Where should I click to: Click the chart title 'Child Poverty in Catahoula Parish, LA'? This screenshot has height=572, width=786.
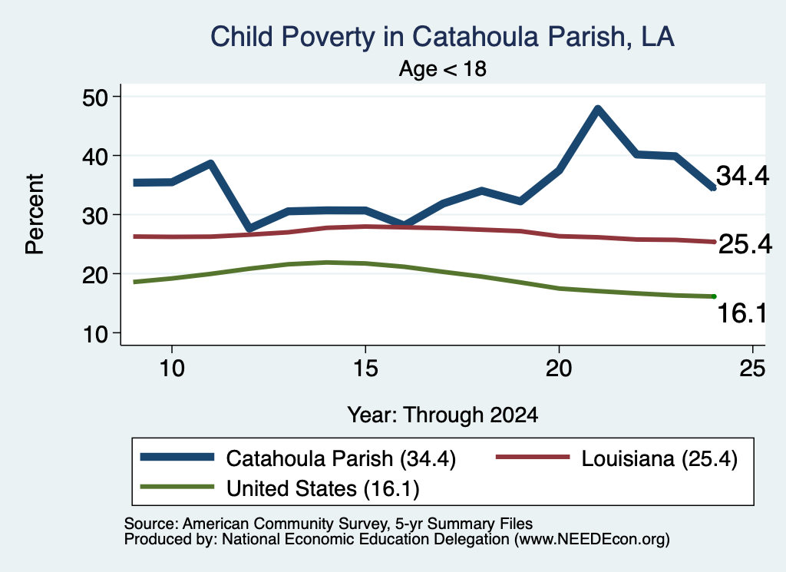tap(442, 37)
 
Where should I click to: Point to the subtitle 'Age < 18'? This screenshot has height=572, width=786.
tap(443, 68)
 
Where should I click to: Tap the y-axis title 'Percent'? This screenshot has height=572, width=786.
tap(35, 214)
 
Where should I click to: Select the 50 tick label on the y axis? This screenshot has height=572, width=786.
tap(95, 97)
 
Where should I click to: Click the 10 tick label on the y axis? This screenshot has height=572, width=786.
tap(95, 333)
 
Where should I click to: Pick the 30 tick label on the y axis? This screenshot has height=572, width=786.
tap(95, 215)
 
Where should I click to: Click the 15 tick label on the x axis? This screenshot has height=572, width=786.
tap(365, 369)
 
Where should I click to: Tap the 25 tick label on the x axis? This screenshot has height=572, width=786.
tap(752, 369)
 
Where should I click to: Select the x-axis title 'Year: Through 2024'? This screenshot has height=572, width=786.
tap(443, 415)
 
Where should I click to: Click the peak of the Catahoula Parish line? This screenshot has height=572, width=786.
tap(597, 109)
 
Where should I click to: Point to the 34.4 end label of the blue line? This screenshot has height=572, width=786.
tap(742, 176)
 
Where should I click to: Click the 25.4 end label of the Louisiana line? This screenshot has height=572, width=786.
tap(745, 245)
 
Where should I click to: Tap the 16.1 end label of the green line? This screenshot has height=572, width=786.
tap(742, 313)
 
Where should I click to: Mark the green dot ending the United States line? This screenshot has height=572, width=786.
tap(714, 297)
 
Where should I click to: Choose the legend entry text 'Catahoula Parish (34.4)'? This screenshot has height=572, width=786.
tap(341, 458)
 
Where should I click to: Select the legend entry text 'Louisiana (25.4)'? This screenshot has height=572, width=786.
tap(659, 458)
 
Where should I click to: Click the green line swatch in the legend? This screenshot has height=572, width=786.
tap(177, 487)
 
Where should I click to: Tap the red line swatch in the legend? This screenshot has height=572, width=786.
tap(533, 457)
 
